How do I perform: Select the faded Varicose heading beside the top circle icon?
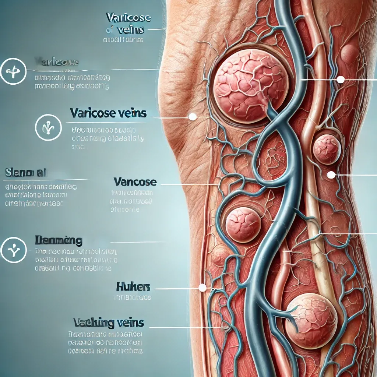[57, 61]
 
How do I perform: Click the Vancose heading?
[135, 182]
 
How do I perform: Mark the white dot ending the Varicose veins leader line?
[192, 117]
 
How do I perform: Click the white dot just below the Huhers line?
[202, 288]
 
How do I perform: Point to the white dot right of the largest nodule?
[341, 79]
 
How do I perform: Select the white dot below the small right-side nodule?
[331, 175]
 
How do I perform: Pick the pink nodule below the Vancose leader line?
[243, 224]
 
